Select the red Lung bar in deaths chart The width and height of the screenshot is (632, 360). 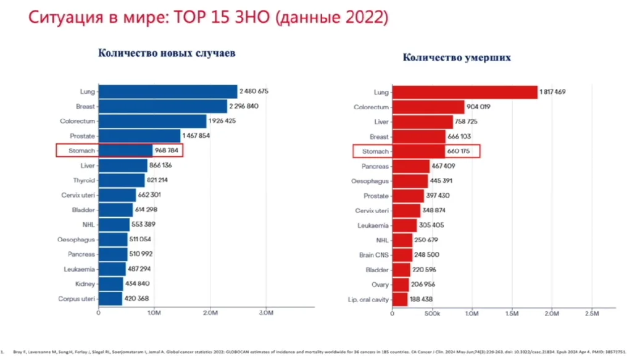pos(465,92)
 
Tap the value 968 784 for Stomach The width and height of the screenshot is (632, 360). pos(167,150)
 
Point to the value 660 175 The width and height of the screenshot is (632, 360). pos(462,151)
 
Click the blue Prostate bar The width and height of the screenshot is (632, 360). pos(139,135)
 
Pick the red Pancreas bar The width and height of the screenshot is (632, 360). pos(410,166)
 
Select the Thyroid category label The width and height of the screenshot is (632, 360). pos(84,180)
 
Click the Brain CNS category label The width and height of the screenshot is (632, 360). pos(374,255)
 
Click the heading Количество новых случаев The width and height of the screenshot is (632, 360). pos(167,53)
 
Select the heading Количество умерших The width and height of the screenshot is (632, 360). pos(457,57)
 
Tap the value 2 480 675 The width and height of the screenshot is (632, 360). pos(255,91)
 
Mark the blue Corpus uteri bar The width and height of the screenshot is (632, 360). pos(110,299)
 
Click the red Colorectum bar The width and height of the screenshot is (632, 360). pos(428,107)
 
